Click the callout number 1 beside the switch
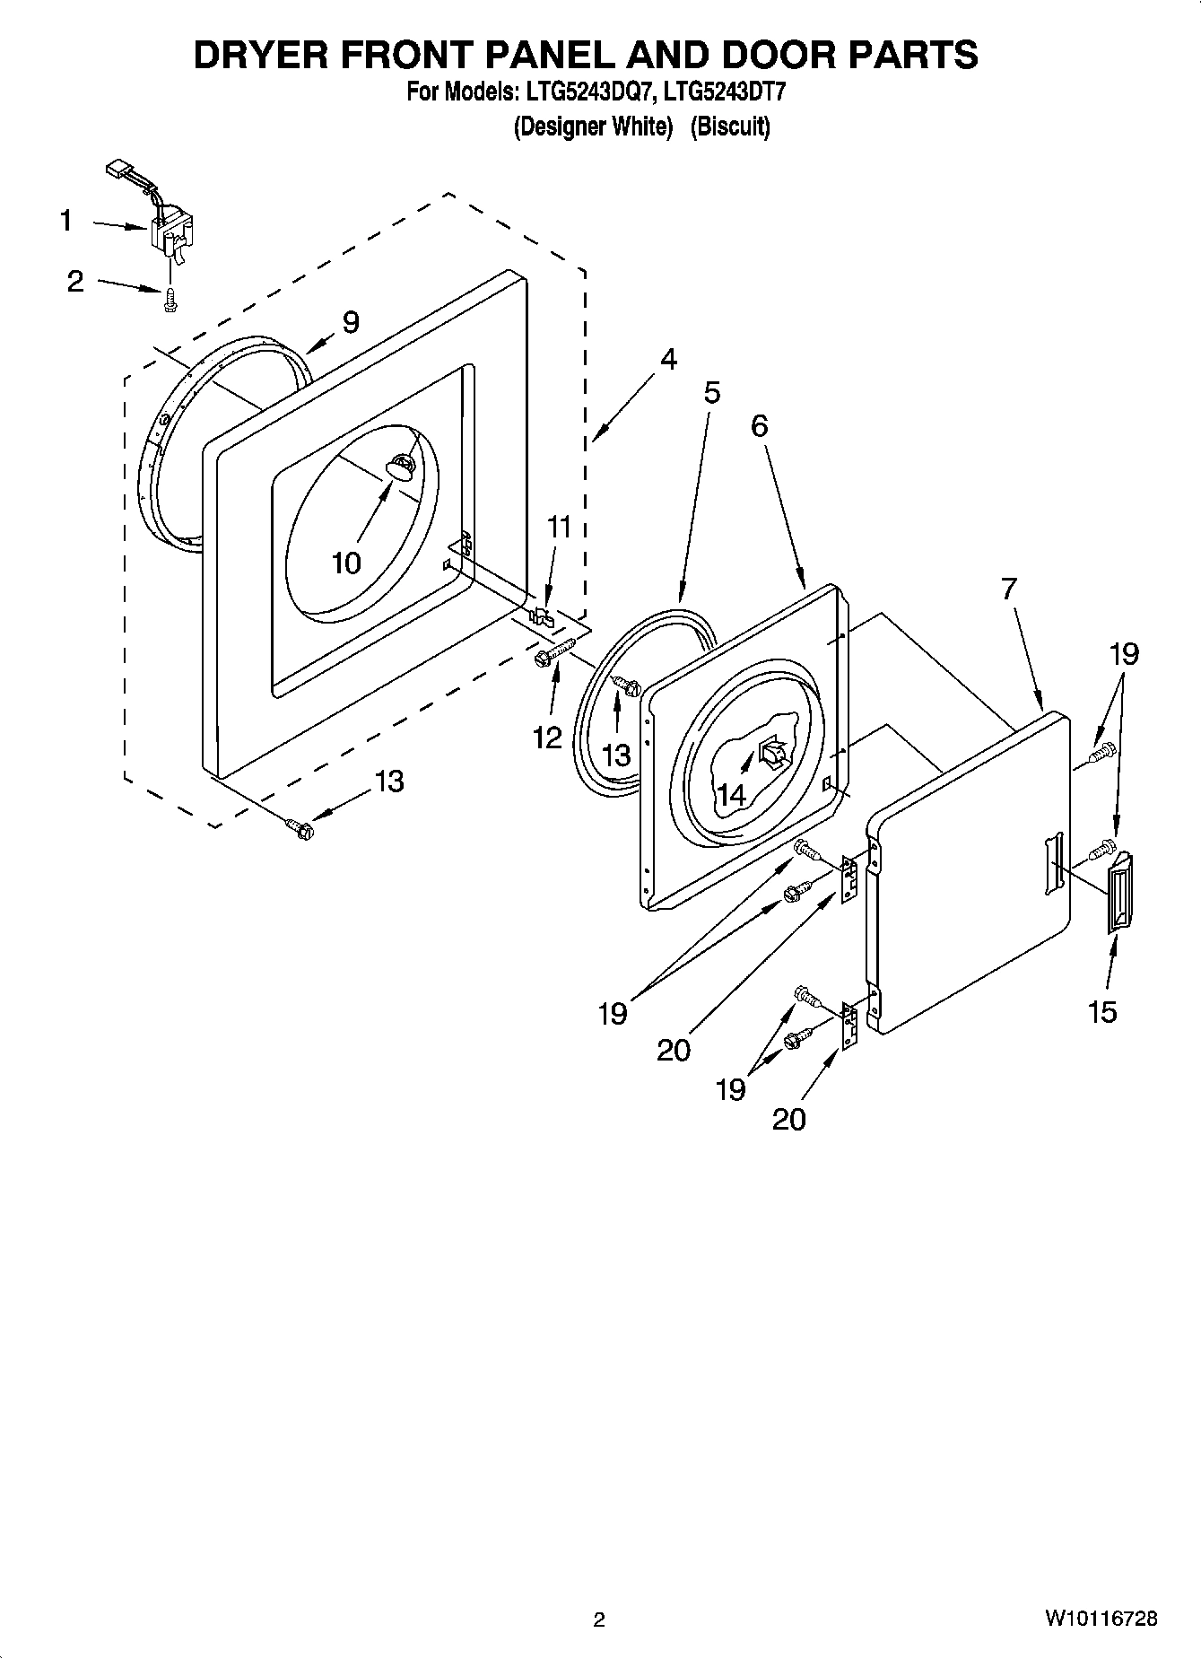pos(65,220)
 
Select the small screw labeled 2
pos(168,302)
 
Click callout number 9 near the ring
pos(350,322)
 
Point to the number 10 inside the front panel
pos(346,563)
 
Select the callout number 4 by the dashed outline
pos(667,359)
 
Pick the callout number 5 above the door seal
pos(711,392)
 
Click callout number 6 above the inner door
pos(760,425)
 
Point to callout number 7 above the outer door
pos(1010,589)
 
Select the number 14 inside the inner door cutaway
pos(731,794)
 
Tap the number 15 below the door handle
pos(1102,1012)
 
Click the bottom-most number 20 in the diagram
pos(788,1119)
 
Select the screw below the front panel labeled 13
pos(299,829)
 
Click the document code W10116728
pos(1101,1620)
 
